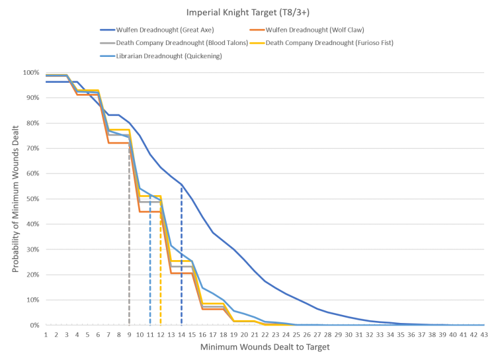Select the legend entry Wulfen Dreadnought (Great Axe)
tap(156, 30)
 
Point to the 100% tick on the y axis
tap(31, 72)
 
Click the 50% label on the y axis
tap(32, 199)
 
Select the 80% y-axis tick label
tap(32, 123)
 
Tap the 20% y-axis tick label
tap(32, 275)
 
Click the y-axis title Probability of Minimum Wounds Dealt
tap(14, 199)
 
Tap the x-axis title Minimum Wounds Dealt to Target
tap(265, 347)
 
